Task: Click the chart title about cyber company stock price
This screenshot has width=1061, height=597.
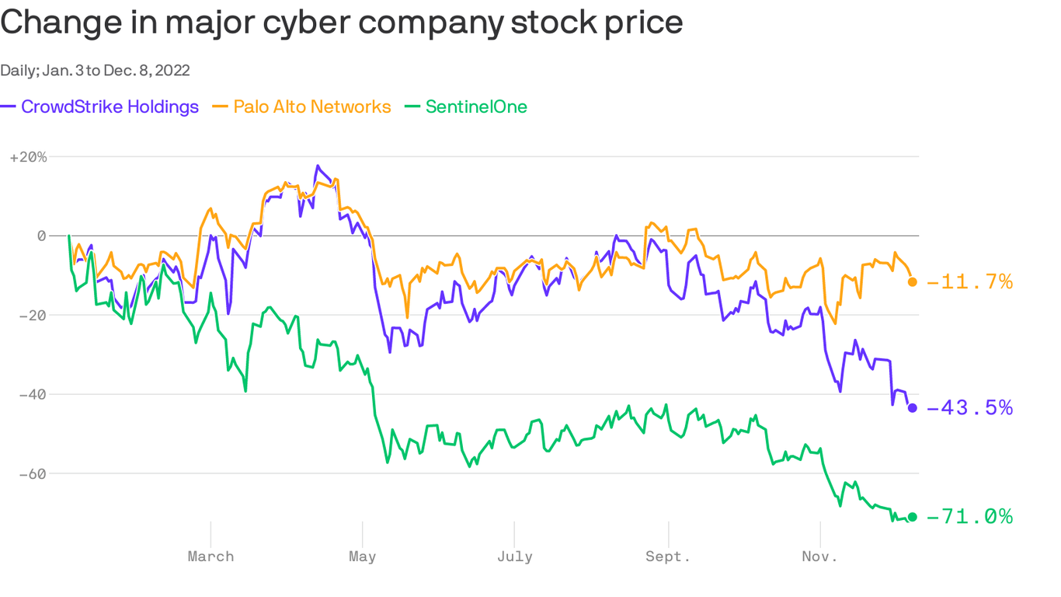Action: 342,23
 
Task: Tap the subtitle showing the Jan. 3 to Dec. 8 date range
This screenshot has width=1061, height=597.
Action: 95,71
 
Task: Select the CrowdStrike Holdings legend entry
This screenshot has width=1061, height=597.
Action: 100,106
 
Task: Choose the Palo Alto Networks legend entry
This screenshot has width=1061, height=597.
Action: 302,106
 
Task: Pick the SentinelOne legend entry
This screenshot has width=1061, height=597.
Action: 467,106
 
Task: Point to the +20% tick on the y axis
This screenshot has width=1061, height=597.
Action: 28,157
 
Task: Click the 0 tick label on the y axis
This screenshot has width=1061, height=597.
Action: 41,236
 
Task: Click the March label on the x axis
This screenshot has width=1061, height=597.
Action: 210,557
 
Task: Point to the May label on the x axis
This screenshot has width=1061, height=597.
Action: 362,557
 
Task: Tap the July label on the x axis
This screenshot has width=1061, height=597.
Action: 514,557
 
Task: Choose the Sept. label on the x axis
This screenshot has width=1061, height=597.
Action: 668,557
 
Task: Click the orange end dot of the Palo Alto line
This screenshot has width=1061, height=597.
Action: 913,282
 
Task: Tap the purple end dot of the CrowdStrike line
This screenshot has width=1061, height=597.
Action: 913,408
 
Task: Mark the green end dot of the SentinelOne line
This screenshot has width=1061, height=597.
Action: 913,517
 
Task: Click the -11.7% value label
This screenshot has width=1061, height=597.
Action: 969,282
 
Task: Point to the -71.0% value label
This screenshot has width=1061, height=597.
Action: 969,517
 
